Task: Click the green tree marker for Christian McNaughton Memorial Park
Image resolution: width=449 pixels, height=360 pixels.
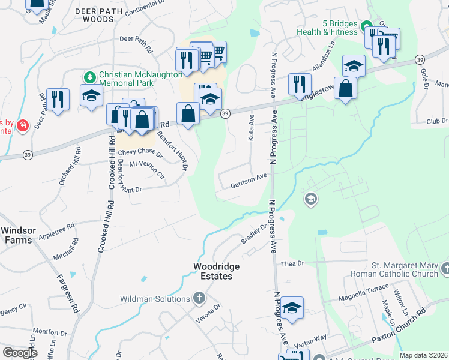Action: tap(90, 77)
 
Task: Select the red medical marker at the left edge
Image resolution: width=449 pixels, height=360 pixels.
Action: tap(22, 125)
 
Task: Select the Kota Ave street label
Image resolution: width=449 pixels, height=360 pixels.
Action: tap(251, 128)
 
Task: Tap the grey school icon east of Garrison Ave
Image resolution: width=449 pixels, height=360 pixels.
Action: tap(310, 199)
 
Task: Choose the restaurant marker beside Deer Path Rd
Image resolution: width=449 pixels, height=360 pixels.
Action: tap(58, 98)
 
